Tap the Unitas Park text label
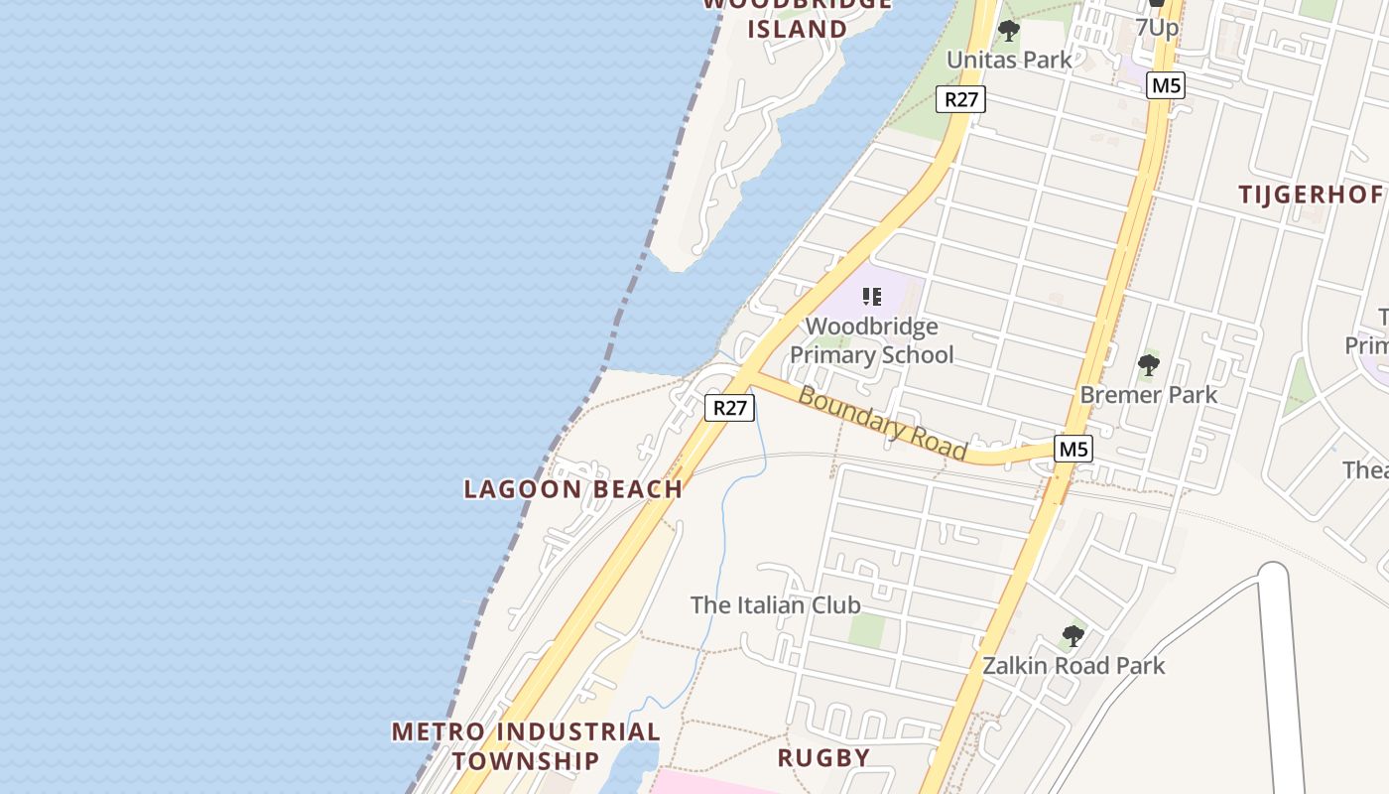[x=1009, y=60]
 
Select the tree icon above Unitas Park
[x=1009, y=31]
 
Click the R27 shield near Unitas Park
[x=961, y=98]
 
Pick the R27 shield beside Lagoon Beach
[x=730, y=407]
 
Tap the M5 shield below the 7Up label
[x=1166, y=85]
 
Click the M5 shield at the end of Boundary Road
[x=1073, y=449]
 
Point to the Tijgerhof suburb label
[x=1310, y=195]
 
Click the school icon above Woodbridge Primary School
[x=872, y=296]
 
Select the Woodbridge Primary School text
[x=871, y=340]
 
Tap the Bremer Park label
[x=1148, y=394]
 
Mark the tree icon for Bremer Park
[x=1148, y=365]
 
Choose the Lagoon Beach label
[x=573, y=488]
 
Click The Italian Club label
[x=775, y=604]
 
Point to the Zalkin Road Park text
[x=1073, y=665]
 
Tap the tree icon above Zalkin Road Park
[x=1073, y=636]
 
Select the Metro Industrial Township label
[x=526, y=746]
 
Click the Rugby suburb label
[x=823, y=758]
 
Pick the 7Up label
[x=1157, y=27]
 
